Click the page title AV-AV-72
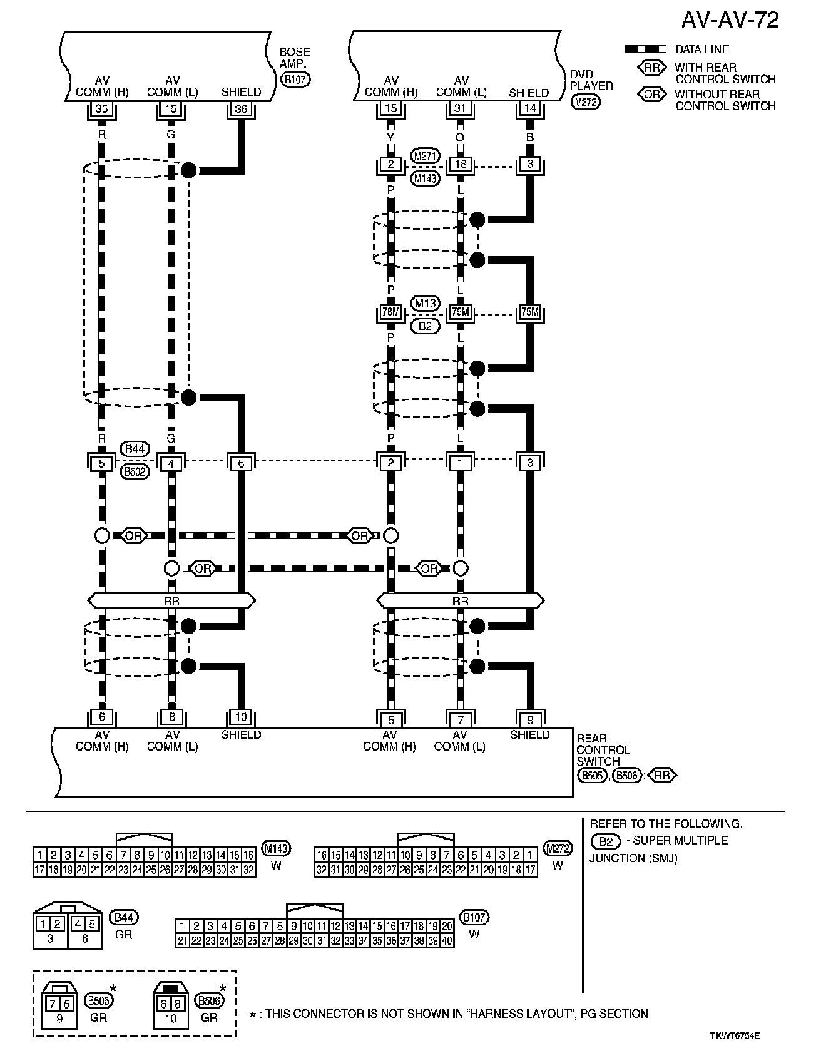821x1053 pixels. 730,20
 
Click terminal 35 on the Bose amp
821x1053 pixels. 101,109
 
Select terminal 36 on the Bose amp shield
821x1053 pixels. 241,109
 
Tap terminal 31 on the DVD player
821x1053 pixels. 461,108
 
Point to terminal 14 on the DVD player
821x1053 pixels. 530,108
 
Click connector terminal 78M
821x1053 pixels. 390,312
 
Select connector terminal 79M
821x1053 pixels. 461,312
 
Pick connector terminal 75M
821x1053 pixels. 530,312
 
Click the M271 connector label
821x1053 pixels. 426,156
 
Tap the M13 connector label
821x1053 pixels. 426,304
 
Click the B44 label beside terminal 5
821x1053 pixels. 135,449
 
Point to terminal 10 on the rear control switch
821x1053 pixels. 241,717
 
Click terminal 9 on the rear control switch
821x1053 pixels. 530,720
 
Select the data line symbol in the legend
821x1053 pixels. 645,49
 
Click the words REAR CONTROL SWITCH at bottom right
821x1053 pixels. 603,749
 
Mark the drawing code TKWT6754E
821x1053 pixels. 735,1035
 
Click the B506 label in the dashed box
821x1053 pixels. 209,1000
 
